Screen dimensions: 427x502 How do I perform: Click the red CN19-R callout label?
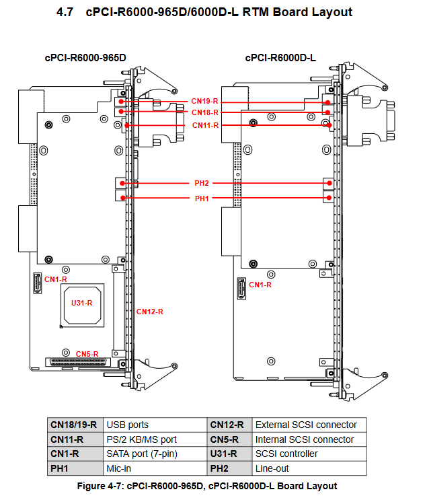coord(204,101)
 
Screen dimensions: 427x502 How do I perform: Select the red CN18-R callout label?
coord(205,112)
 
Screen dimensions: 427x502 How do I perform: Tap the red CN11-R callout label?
coord(205,125)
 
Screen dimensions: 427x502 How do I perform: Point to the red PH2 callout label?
coord(202,183)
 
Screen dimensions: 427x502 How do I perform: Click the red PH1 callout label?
coord(202,199)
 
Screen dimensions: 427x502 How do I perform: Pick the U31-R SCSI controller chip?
coord(83,305)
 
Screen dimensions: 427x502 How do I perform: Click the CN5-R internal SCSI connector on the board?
coord(78,362)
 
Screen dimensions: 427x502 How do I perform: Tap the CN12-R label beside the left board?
coord(150,312)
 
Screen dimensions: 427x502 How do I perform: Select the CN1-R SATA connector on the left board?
coord(38,283)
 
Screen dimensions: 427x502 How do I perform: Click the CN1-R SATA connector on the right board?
coord(241,289)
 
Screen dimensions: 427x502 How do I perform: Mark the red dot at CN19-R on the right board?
coord(328,102)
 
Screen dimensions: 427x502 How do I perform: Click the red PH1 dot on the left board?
coord(123,198)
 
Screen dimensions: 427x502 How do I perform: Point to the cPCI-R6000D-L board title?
coord(280,58)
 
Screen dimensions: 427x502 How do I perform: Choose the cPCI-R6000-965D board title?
coord(85,58)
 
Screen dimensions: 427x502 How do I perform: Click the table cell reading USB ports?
coord(127,425)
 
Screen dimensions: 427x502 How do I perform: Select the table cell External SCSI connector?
coord(306,425)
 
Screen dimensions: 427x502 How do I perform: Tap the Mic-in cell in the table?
coord(118,469)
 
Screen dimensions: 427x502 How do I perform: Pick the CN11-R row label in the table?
coord(67,439)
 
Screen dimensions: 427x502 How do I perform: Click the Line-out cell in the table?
coord(272,469)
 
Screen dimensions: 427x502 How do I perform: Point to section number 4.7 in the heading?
coord(65,12)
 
